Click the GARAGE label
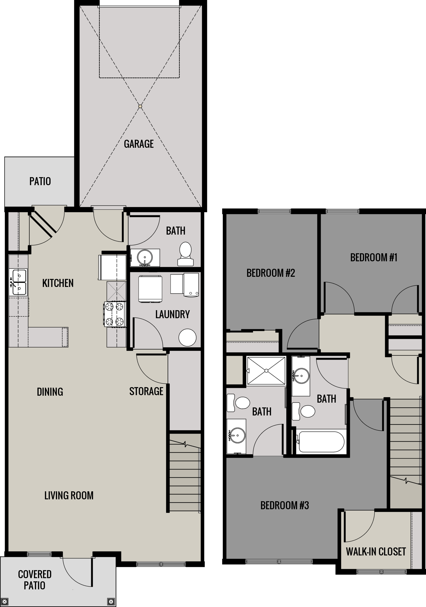[139, 144]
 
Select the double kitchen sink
[18, 282]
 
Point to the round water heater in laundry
[187, 337]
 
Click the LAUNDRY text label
[172, 314]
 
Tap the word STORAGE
[146, 391]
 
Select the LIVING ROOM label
[69, 496]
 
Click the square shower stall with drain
[266, 371]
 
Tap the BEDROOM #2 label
[271, 273]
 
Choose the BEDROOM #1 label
[374, 258]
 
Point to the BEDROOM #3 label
[285, 505]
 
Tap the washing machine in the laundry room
[150, 289]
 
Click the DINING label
[50, 392]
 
